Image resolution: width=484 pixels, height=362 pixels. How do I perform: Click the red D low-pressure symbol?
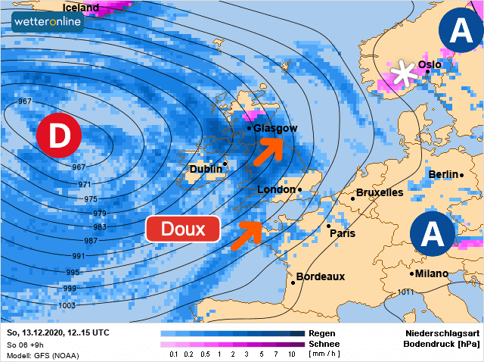tap(58, 136)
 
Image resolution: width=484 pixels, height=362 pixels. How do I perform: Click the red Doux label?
tap(182, 229)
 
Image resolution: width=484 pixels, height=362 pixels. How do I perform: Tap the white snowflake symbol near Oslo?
tap(405, 73)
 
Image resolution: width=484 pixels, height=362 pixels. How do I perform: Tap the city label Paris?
tap(343, 233)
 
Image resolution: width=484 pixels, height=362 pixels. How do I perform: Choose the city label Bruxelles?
tap(379, 192)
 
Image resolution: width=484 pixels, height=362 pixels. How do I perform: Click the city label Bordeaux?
tap(320, 276)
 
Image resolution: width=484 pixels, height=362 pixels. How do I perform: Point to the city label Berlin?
tap(443, 174)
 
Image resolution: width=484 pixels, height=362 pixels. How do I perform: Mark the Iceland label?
tap(80, 8)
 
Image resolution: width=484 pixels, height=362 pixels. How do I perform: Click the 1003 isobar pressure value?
tap(67, 305)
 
